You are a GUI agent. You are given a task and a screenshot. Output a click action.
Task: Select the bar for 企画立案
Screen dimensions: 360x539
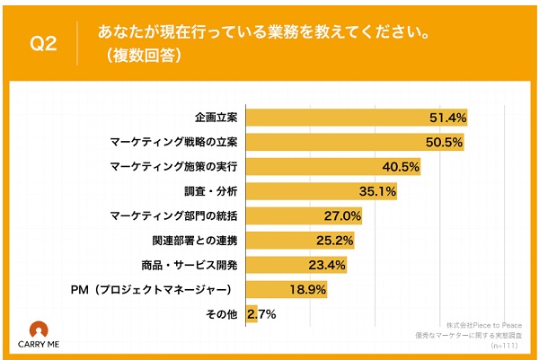coord(355,118)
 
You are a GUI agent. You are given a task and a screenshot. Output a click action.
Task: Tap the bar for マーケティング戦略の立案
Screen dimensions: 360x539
coord(353,142)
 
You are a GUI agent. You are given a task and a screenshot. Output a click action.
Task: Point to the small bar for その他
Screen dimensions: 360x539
coord(251,313)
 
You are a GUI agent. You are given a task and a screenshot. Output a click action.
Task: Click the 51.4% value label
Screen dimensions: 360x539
coord(448,118)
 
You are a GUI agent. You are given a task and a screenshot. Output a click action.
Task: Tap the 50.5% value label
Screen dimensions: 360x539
coord(445,142)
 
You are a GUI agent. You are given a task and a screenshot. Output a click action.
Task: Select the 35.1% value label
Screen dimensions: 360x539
coord(378,190)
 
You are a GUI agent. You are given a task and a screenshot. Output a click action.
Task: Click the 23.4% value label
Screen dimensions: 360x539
coord(329,265)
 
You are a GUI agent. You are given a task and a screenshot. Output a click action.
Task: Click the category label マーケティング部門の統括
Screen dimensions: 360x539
coord(175,215)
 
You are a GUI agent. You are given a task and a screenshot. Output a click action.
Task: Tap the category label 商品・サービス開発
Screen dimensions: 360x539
coord(191,265)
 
